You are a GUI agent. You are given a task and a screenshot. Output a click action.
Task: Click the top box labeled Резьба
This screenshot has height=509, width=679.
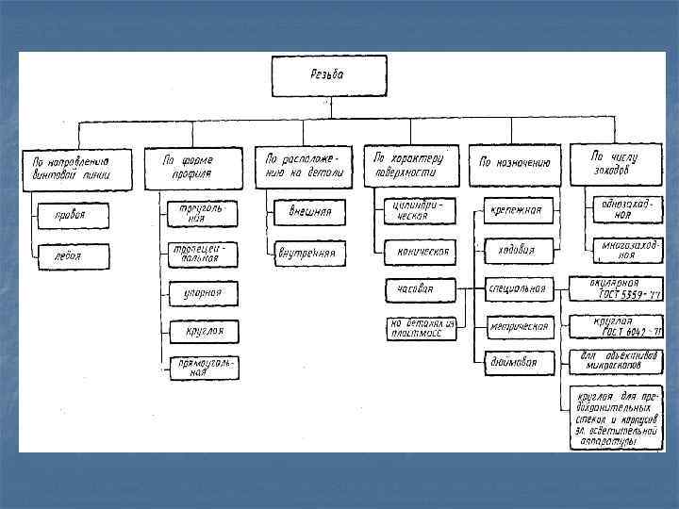click(x=329, y=75)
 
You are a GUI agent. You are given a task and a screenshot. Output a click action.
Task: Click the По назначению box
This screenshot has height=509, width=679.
click(x=515, y=165)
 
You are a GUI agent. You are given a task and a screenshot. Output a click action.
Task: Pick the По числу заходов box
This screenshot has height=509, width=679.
click(x=618, y=164)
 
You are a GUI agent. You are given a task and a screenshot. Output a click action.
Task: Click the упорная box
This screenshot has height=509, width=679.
click(x=204, y=293)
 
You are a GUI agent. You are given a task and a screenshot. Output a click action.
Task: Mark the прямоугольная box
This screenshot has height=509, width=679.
click(x=204, y=368)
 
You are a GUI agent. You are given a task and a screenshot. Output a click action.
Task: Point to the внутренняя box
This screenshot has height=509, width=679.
click(x=309, y=253)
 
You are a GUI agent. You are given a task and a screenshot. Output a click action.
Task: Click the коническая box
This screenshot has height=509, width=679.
click(x=421, y=252)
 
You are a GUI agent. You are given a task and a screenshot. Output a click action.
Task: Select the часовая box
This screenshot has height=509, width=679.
click(x=421, y=288)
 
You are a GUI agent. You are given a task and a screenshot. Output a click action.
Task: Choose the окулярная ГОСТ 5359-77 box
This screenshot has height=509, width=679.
click(x=617, y=287)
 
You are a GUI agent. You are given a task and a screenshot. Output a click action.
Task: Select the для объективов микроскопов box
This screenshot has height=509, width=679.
click(x=617, y=361)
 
